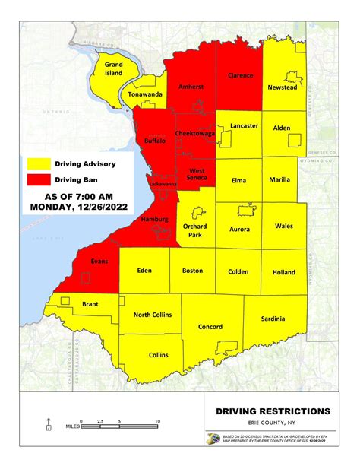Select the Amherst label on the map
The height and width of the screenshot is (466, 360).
tap(191, 87)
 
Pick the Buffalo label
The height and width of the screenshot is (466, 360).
tap(158, 141)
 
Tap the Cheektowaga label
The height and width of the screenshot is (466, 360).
tap(194, 133)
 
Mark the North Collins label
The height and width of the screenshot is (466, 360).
tap(152, 315)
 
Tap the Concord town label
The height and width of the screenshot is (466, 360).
tap(210, 327)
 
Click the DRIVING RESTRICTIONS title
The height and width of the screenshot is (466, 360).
tap(267, 411)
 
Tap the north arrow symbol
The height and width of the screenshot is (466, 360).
tap(49, 423)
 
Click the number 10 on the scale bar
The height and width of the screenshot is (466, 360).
tap(157, 420)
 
